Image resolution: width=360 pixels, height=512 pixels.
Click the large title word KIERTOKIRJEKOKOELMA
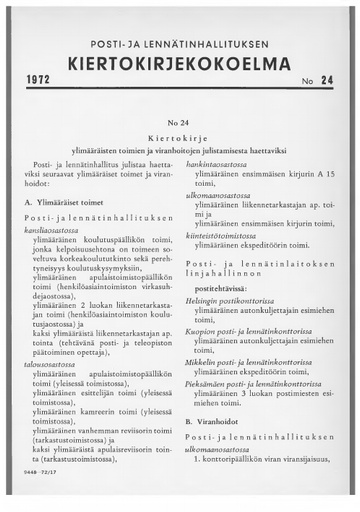(179, 64)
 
